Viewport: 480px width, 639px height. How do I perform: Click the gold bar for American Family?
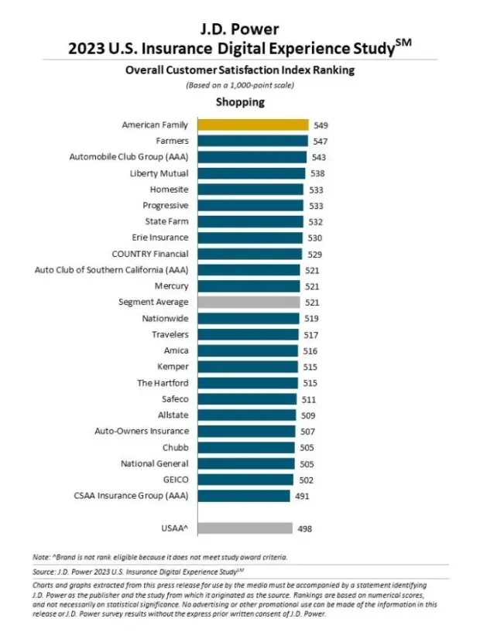(x=252, y=125)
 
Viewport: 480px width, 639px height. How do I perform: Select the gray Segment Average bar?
(x=248, y=302)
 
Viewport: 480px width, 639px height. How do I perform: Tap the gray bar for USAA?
(x=245, y=528)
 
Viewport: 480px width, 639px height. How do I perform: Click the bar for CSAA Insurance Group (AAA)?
(x=243, y=496)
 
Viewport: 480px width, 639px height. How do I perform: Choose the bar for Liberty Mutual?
(x=250, y=173)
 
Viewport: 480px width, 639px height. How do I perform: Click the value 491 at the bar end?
(x=302, y=496)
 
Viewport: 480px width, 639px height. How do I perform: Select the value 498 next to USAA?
(x=305, y=528)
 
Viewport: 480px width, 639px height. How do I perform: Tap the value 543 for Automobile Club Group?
(x=317, y=157)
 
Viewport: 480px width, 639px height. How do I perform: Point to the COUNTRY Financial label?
(x=150, y=254)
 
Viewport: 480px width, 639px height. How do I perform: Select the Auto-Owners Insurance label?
(x=141, y=431)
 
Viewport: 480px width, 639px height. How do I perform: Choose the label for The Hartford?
(x=163, y=383)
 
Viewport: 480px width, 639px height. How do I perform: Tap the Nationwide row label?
(x=165, y=318)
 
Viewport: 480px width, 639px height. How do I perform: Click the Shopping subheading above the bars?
(x=239, y=102)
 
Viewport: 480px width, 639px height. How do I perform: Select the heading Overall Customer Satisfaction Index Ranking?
(x=239, y=70)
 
